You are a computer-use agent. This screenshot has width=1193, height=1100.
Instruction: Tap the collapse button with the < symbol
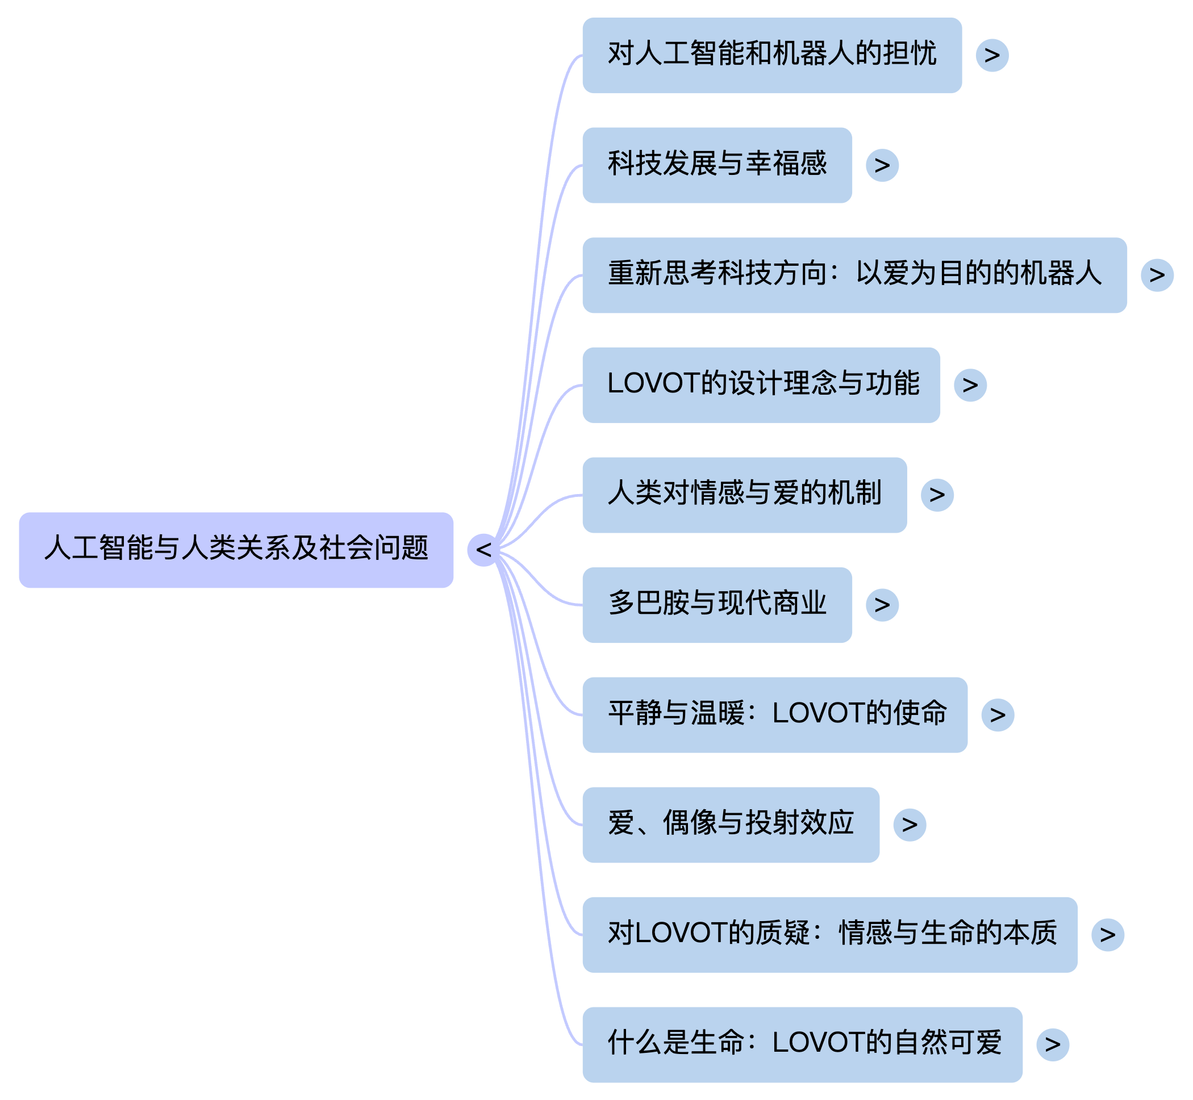coord(483,550)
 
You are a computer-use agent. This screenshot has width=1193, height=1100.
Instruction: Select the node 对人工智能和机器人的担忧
coord(771,55)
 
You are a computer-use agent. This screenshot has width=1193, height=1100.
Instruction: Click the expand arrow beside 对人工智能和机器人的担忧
coord(992,55)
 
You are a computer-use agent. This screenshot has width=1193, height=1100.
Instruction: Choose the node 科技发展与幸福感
coord(717,165)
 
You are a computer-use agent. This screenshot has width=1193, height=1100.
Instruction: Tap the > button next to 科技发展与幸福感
coord(882,165)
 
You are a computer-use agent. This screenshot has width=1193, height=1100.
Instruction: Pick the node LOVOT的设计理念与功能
coord(761,385)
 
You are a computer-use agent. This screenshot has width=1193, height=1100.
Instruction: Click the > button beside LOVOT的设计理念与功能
coord(970,385)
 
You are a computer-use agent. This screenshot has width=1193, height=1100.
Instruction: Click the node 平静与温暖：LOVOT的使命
coord(774,715)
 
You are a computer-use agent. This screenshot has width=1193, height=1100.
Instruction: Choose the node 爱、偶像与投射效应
coord(731,825)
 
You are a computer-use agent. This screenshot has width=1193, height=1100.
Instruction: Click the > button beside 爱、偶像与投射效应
coord(909,825)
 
